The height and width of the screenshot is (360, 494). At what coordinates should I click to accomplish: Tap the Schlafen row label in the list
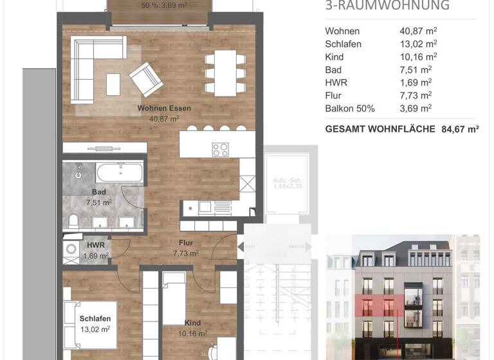(343, 44)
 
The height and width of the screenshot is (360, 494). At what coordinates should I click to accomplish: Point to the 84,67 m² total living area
(460, 129)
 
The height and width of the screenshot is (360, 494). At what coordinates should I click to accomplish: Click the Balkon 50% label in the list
(350, 108)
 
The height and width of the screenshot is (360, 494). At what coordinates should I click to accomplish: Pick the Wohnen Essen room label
(164, 108)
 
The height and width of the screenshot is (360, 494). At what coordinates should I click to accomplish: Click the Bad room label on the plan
(99, 192)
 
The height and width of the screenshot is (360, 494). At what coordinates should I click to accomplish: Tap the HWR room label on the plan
(95, 246)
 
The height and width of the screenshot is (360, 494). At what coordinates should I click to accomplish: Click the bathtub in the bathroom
(120, 173)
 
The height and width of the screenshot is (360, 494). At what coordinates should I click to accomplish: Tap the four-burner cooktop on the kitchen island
(221, 150)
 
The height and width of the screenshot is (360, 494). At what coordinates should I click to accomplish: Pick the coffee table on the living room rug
(113, 84)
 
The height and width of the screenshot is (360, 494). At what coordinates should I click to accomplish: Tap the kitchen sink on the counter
(205, 206)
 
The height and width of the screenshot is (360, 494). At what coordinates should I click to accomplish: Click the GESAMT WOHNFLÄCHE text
(380, 129)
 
